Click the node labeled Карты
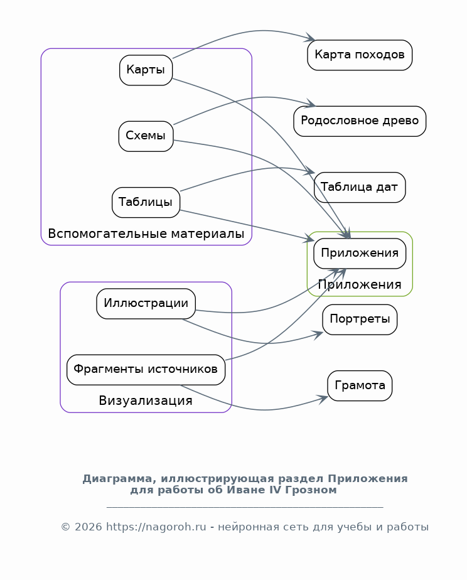[x=146, y=70]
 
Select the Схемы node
[x=146, y=136]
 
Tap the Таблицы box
[x=146, y=202]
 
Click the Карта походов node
[x=360, y=55]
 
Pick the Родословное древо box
[x=360, y=121]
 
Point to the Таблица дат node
[x=360, y=187]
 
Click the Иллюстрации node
[x=146, y=304]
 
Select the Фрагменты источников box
[x=146, y=370]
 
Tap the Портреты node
[x=360, y=320]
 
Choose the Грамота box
[x=360, y=386]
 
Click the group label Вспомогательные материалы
[x=146, y=234]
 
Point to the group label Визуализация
[x=146, y=400]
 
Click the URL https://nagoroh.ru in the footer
[x=156, y=527]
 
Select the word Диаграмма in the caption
[x=116, y=479]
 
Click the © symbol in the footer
[x=65, y=527]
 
